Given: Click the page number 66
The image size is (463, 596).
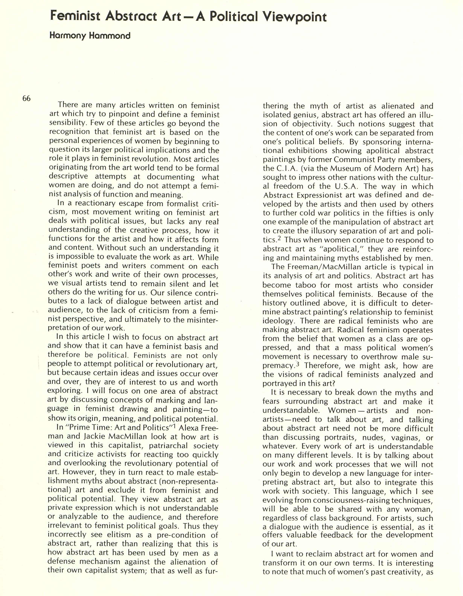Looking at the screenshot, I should click(27, 98).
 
